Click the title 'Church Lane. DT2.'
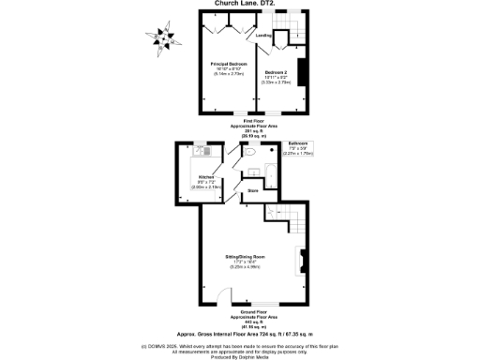click(x=240, y=3)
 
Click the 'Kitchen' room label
click(x=205, y=175)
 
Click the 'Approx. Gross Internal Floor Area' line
click(x=240, y=333)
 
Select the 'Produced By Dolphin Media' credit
click(x=240, y=356)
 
